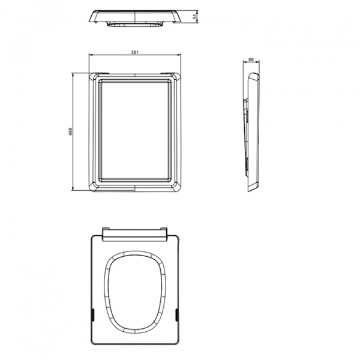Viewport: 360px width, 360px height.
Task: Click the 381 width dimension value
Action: pyautogui.click(x=135, y=52)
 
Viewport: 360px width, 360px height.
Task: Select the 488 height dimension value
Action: pyautogui.click(x=71, y=131)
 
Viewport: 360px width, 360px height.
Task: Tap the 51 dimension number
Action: pyautogui.click(x=195, y=16)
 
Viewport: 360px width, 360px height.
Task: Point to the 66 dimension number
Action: pyautogui.click(x=251, y=59)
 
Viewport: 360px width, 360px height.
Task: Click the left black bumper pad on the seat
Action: pyautogui.click(x=93, y=315)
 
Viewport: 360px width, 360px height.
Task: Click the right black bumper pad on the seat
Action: pyautogui.click(x=176, y=315)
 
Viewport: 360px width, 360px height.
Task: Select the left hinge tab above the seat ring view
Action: pyautogui.click(x=106, y=229)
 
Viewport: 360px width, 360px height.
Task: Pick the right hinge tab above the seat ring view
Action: pyautogui.click(x=164, y=229)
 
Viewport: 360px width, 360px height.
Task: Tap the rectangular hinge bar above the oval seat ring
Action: pyautogui.click(x=135, y=235)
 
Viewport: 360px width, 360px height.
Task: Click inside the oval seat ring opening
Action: pyautogui.click(x=135, y=292)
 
